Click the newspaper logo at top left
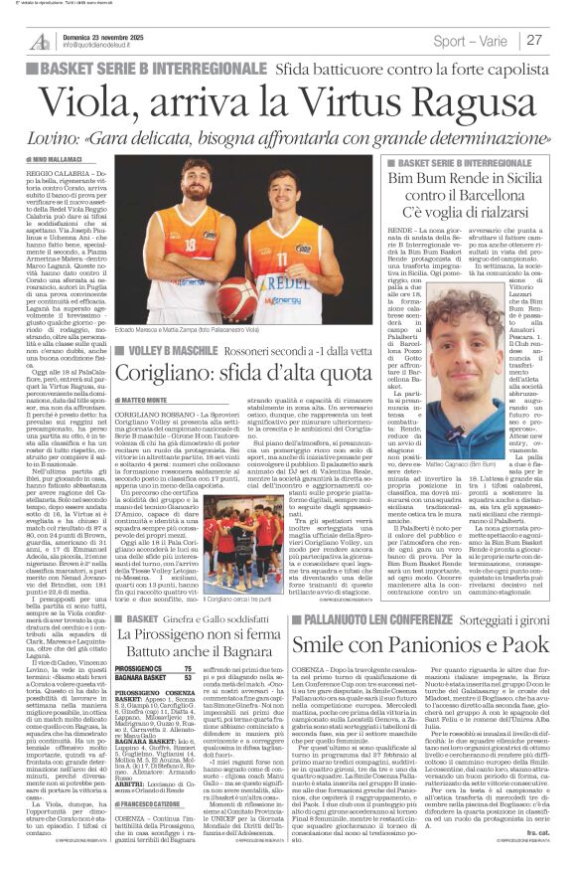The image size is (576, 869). tap(40, 41)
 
